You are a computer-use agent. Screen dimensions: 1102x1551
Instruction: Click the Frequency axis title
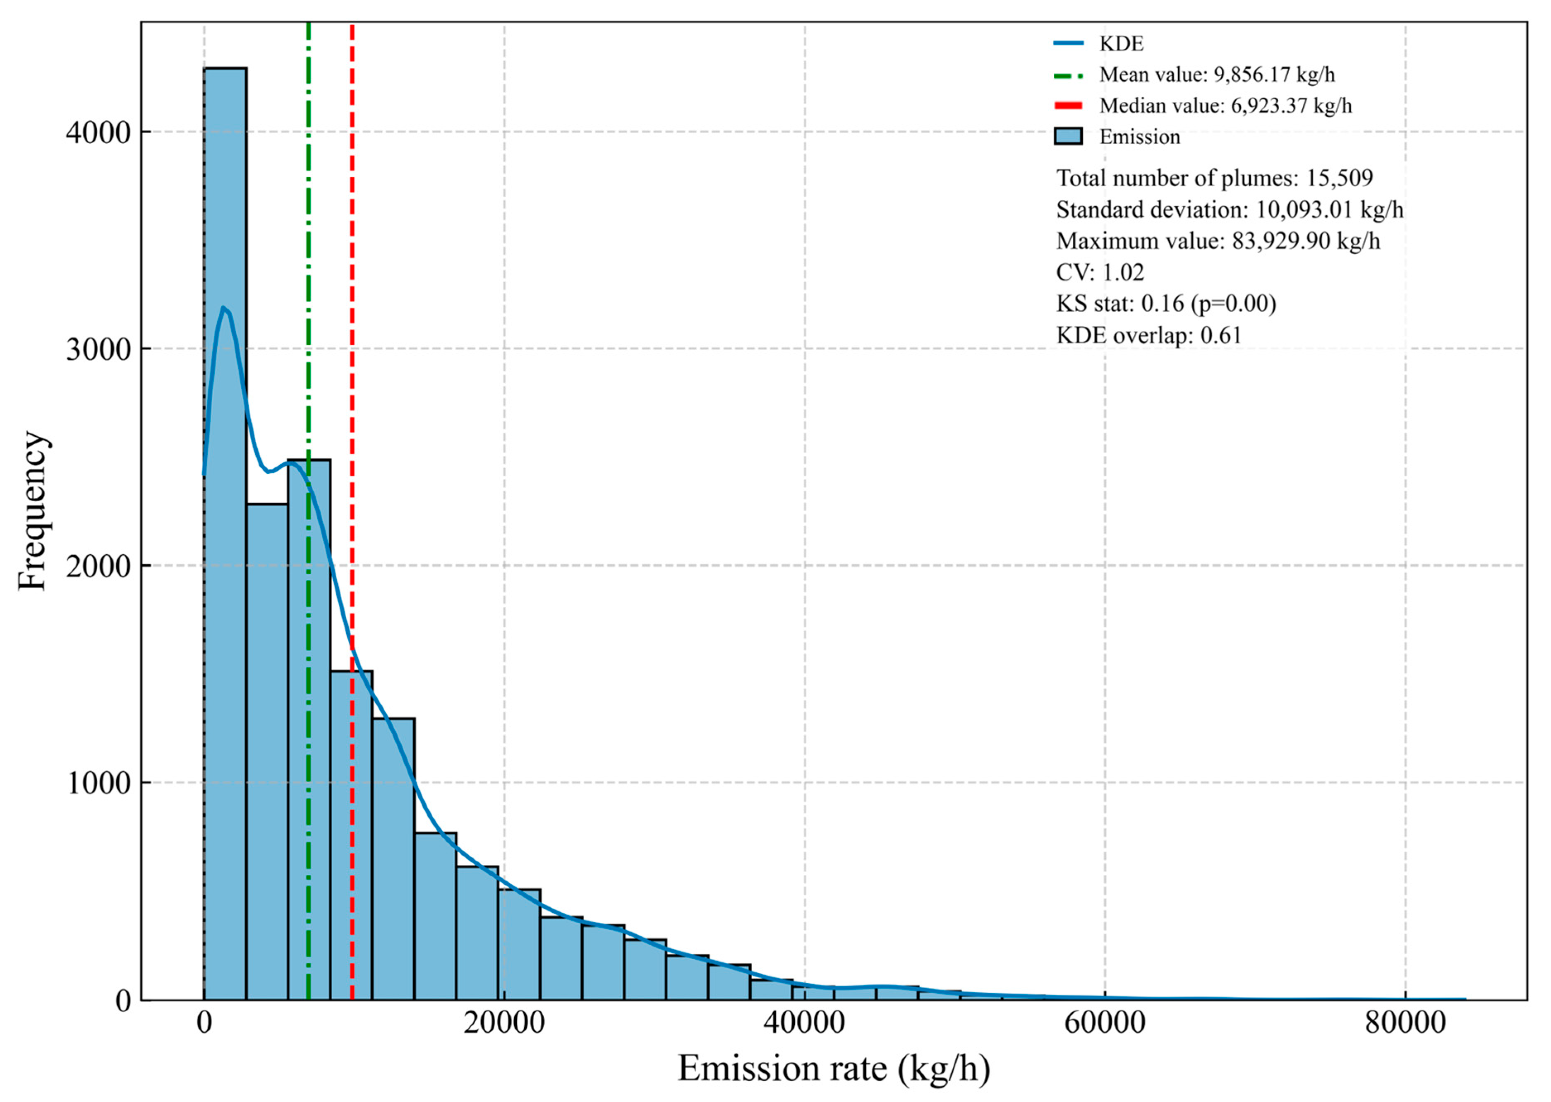coord(33,510)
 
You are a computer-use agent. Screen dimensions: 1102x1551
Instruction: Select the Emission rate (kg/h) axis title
coord(834,1068)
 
